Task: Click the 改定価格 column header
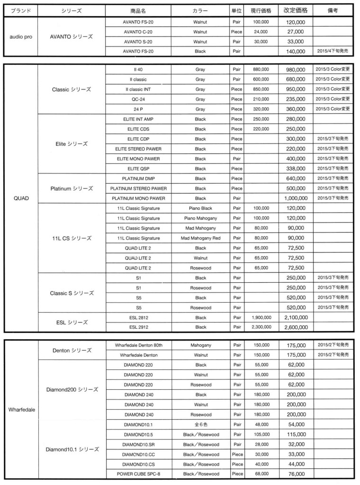(x=296, y=10)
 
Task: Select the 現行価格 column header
(x=261, y=10)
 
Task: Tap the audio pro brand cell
(x=21, y=36)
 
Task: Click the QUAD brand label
(x=21, y=198)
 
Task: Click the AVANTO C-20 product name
(x=138, y=32)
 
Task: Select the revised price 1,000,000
(x=296, y=198)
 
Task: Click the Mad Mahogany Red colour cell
(x=200, y=238)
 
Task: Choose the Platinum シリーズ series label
(x=72, y=189)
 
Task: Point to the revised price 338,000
(x=296, y=169)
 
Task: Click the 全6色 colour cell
(x=200, y=424)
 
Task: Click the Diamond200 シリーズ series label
(x=72, y=389)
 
